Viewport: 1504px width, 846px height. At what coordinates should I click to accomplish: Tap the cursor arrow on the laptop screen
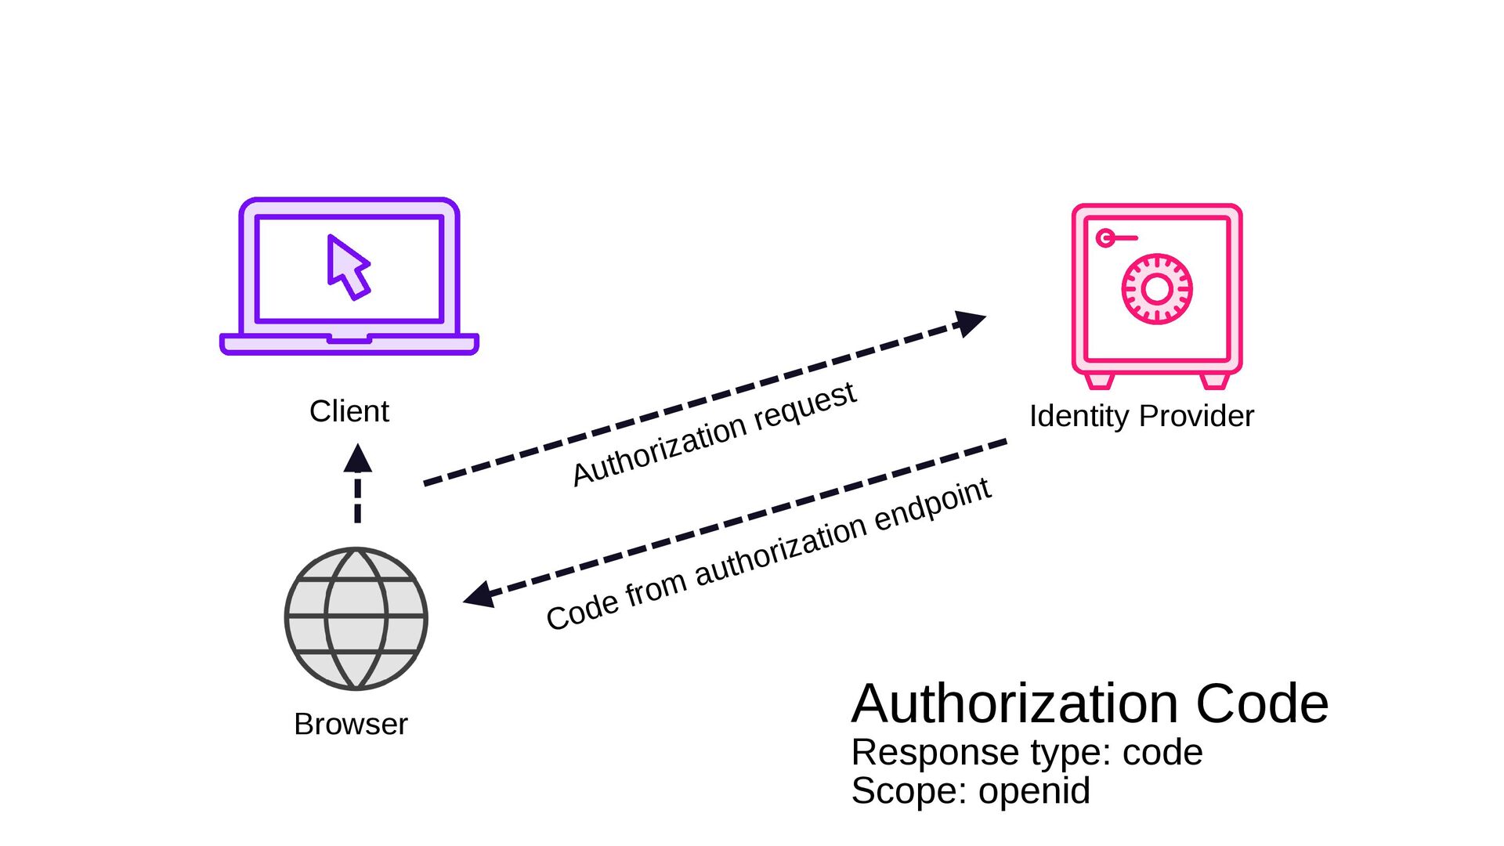pos(348,267)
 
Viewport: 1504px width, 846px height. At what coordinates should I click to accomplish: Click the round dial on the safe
pos(1157,288)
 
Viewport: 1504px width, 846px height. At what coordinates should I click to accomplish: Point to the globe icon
pos(356,618)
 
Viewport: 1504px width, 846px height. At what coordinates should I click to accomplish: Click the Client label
pos(349,411)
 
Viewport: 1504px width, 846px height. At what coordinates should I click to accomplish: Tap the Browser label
pos(351,724)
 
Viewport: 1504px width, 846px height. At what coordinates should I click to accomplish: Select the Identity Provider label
pos(1141,416)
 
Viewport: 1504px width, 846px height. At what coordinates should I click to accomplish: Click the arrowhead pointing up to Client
pos(358,459)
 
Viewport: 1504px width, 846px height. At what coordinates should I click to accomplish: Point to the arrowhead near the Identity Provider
pos(971,322)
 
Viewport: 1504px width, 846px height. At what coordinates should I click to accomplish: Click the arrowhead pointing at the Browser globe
pos(479,595)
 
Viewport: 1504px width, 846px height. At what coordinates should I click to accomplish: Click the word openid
pos(1034,791)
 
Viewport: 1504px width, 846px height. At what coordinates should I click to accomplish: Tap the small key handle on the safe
pos(1117,237)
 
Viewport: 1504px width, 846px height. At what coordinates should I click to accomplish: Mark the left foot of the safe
pos(1099,381)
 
